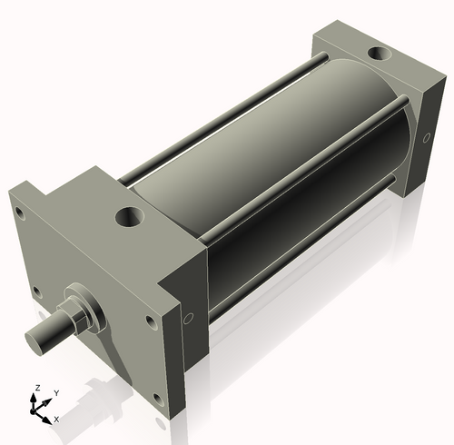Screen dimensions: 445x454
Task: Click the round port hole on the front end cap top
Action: coord(130,218)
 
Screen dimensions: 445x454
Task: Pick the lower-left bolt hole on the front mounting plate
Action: coord(37,292)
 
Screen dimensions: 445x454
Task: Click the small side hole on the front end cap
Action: coord(188,320)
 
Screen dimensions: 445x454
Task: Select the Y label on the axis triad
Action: coord(55,392)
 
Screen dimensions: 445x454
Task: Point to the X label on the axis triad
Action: coord(55,419)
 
